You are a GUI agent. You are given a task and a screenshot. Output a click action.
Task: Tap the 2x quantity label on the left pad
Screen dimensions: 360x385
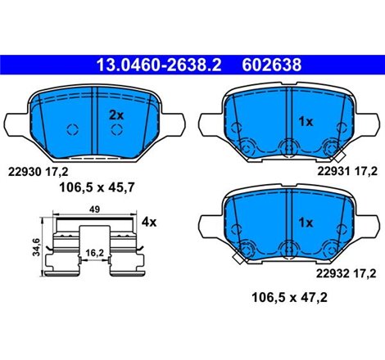click(x=115, y=116)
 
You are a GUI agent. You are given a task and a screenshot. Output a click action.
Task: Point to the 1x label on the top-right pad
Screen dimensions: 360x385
click(x=306, y=121)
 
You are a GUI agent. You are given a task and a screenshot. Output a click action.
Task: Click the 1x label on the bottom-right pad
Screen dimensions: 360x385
click(x=306, y=222)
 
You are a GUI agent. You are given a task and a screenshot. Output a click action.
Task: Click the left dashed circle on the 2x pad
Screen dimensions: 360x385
click(x=70, y=129)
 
